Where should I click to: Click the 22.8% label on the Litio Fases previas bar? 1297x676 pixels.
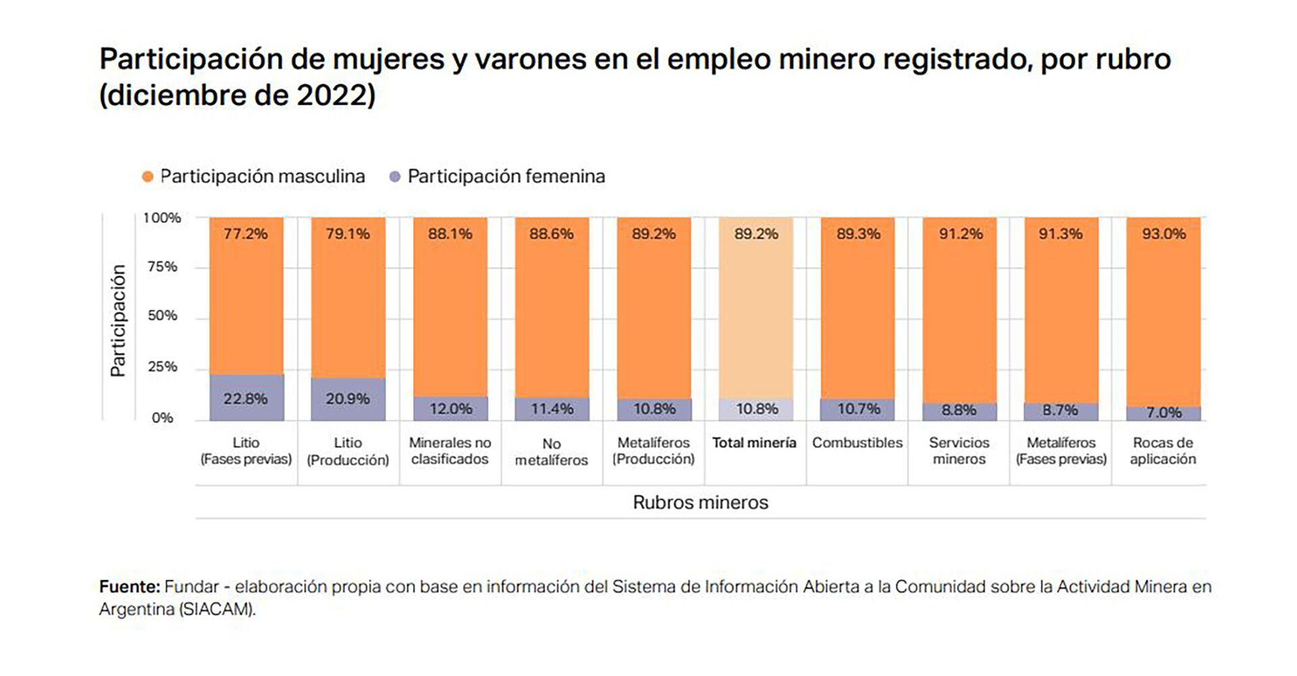(x=245, y=398)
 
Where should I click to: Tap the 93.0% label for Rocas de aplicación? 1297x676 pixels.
(x=1163, y=234)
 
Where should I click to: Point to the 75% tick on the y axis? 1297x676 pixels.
(x=162, y=267)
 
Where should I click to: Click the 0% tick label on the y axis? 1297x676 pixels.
(x=162, y=418)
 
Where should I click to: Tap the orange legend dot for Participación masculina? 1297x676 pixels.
(x=148, y=177)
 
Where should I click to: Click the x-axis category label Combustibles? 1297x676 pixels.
(x=857, y=443)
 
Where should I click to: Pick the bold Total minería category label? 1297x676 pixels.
(x=754, y=443)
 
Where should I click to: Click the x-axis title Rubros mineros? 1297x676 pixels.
(x=701, y=502)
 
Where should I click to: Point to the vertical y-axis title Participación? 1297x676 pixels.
(x=118, y=321)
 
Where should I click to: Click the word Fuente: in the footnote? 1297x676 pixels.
(x=129, y=586)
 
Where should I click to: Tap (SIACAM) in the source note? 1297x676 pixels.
(x=217, y=609)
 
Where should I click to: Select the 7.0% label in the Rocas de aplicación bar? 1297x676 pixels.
(x=1163, y=413)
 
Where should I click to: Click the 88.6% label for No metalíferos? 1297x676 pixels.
(x=551, y=234)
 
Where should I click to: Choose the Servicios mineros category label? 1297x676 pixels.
(x=959, y=450)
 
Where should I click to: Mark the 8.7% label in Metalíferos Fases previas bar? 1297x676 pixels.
(x=1061, y=410)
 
